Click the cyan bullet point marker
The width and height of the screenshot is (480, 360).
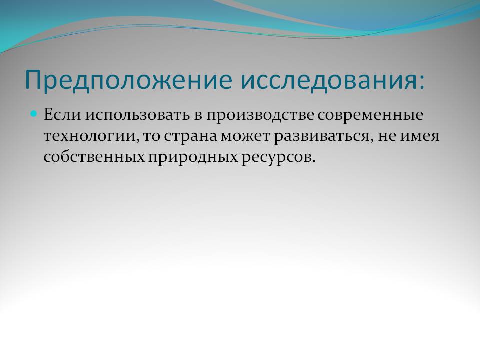click(x=34, y=114)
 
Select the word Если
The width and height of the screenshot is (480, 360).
click(x=63, y=115)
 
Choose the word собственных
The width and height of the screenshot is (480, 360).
click(x=94, y=157)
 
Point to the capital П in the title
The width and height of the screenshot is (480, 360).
click(x=33, y=80)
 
